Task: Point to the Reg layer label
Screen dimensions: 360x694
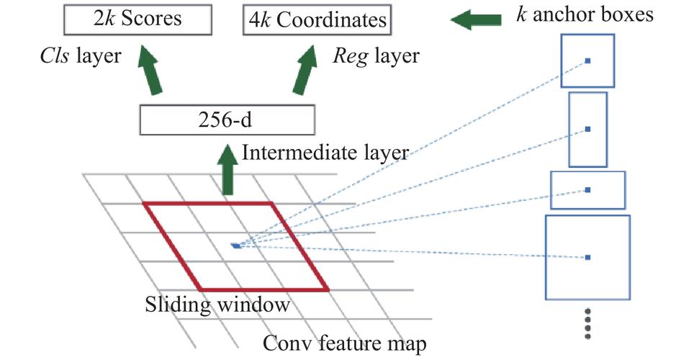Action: pos(374,55)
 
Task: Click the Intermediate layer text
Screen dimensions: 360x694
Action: pos(326,153)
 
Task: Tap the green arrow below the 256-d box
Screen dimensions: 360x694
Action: pos(228,169)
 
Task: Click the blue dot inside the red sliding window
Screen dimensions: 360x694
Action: pos(236,246)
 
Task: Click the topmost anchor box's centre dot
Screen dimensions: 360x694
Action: pos(588,61)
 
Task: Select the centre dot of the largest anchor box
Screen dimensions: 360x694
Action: pos(588,257)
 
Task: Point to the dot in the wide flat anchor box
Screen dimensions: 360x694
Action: pos(588,190)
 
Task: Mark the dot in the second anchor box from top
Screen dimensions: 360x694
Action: pos(588,129)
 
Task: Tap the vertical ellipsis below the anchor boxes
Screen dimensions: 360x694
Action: pos(588,323)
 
